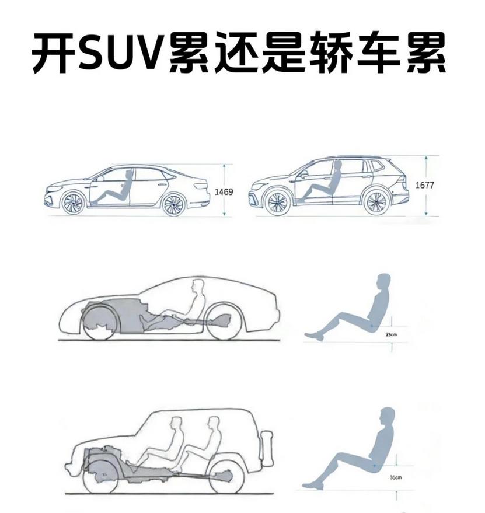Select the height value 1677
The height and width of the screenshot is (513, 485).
[424, 185]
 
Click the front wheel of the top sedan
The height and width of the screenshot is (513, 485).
[73, 203]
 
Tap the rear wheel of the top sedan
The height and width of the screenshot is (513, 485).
[173, 204]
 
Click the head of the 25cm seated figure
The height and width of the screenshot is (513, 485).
[383, 282]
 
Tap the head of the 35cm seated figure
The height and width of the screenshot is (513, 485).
[387, 416]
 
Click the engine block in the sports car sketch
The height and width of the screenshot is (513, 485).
[114, 315]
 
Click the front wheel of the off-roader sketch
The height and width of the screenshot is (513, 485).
[101, 474]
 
